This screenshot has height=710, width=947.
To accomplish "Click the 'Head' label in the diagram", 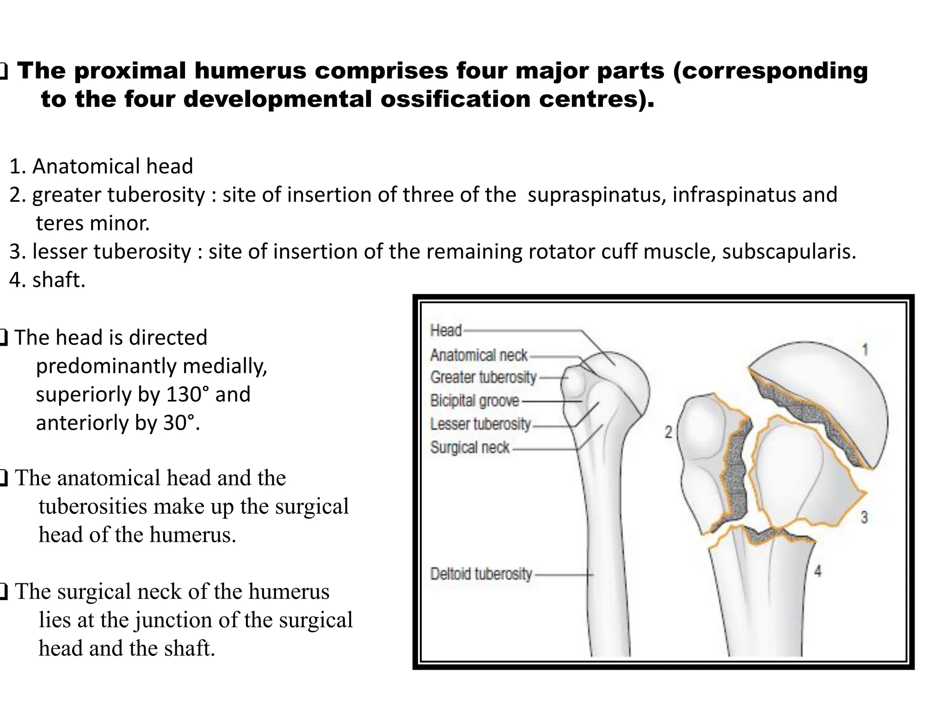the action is [x=446, y=331].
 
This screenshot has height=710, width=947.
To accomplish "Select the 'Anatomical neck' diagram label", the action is [x=479, y=355].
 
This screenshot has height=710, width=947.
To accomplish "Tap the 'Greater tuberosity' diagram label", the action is [x=483, y=377].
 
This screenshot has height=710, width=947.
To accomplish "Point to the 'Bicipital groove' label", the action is [x=474, y=400].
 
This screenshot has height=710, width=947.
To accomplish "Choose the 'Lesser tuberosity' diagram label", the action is [x=480, y=424].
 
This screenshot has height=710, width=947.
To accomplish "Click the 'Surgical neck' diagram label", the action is [x=470, y=447].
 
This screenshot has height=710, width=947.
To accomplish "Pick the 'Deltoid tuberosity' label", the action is [x=481, y=574].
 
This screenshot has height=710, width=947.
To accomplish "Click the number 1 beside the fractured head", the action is [x=865, y=349].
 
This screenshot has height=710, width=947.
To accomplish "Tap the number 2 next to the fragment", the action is [x=668, y=432].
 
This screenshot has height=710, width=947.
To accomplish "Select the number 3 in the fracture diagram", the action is [x=864, y=517].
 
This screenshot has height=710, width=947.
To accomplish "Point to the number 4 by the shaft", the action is [x=818, y=571].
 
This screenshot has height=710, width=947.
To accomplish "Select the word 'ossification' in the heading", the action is [x=455, y=99].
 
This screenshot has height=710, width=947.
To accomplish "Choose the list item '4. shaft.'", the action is [x=48, y=280].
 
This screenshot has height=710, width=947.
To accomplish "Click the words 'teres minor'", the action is [x=92, y=223].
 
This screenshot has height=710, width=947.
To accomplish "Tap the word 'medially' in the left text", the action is [x=225, y=366].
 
